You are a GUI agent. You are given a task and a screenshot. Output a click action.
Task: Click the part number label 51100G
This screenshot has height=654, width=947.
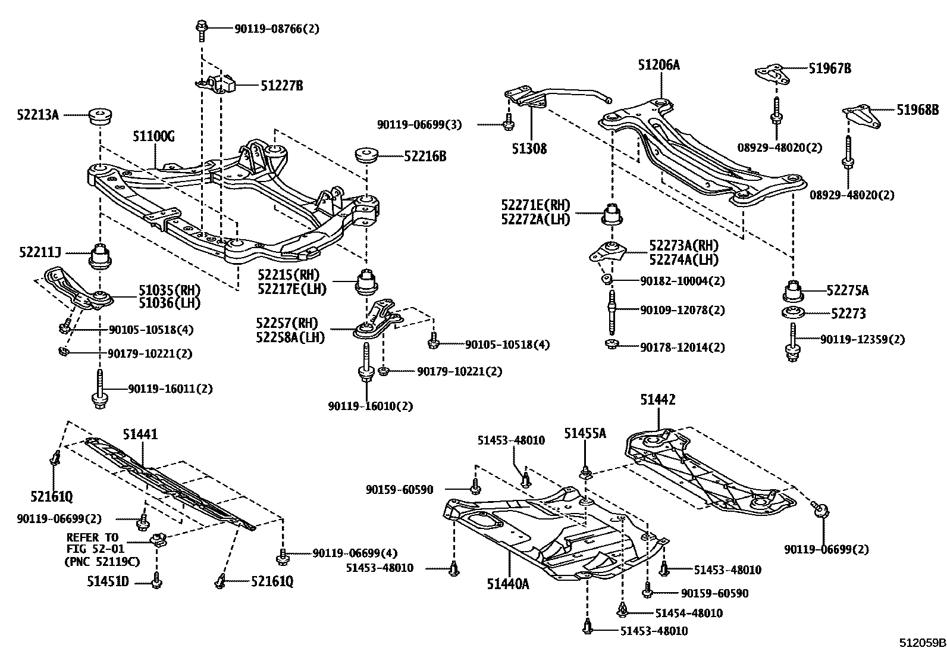(153, 137)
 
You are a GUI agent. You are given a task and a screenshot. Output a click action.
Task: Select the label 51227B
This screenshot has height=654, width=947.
(281, 86)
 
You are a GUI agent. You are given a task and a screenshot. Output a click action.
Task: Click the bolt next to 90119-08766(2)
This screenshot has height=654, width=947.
(201, 29)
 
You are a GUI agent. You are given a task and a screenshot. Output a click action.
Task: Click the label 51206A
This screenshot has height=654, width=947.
(658, 65)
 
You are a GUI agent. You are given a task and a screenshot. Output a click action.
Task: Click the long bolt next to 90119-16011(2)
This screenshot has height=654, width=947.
(100, 389)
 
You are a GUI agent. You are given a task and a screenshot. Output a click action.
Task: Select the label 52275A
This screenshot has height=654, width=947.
(848, 290)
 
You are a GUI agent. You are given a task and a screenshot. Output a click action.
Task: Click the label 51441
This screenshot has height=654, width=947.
(140, 434)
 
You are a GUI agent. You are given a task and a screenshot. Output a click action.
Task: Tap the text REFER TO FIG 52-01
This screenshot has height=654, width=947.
(92, 543)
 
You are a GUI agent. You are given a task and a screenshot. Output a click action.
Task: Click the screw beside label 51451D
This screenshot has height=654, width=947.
(156, 581)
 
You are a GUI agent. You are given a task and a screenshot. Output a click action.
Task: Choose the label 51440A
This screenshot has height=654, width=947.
(507, 584)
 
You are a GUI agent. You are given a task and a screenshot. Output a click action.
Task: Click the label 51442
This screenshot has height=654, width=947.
(658, 400)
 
